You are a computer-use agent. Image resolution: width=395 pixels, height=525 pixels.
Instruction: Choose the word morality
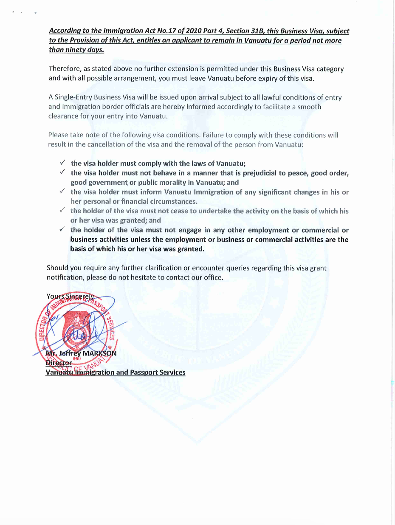(x=172, y=182)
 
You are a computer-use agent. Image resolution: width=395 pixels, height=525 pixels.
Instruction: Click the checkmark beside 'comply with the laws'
(x=62, y=163)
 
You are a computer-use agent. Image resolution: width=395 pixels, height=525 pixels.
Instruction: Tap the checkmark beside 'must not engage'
(x=62, y=229)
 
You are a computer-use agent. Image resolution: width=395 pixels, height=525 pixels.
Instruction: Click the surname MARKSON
(x=99, y=353)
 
